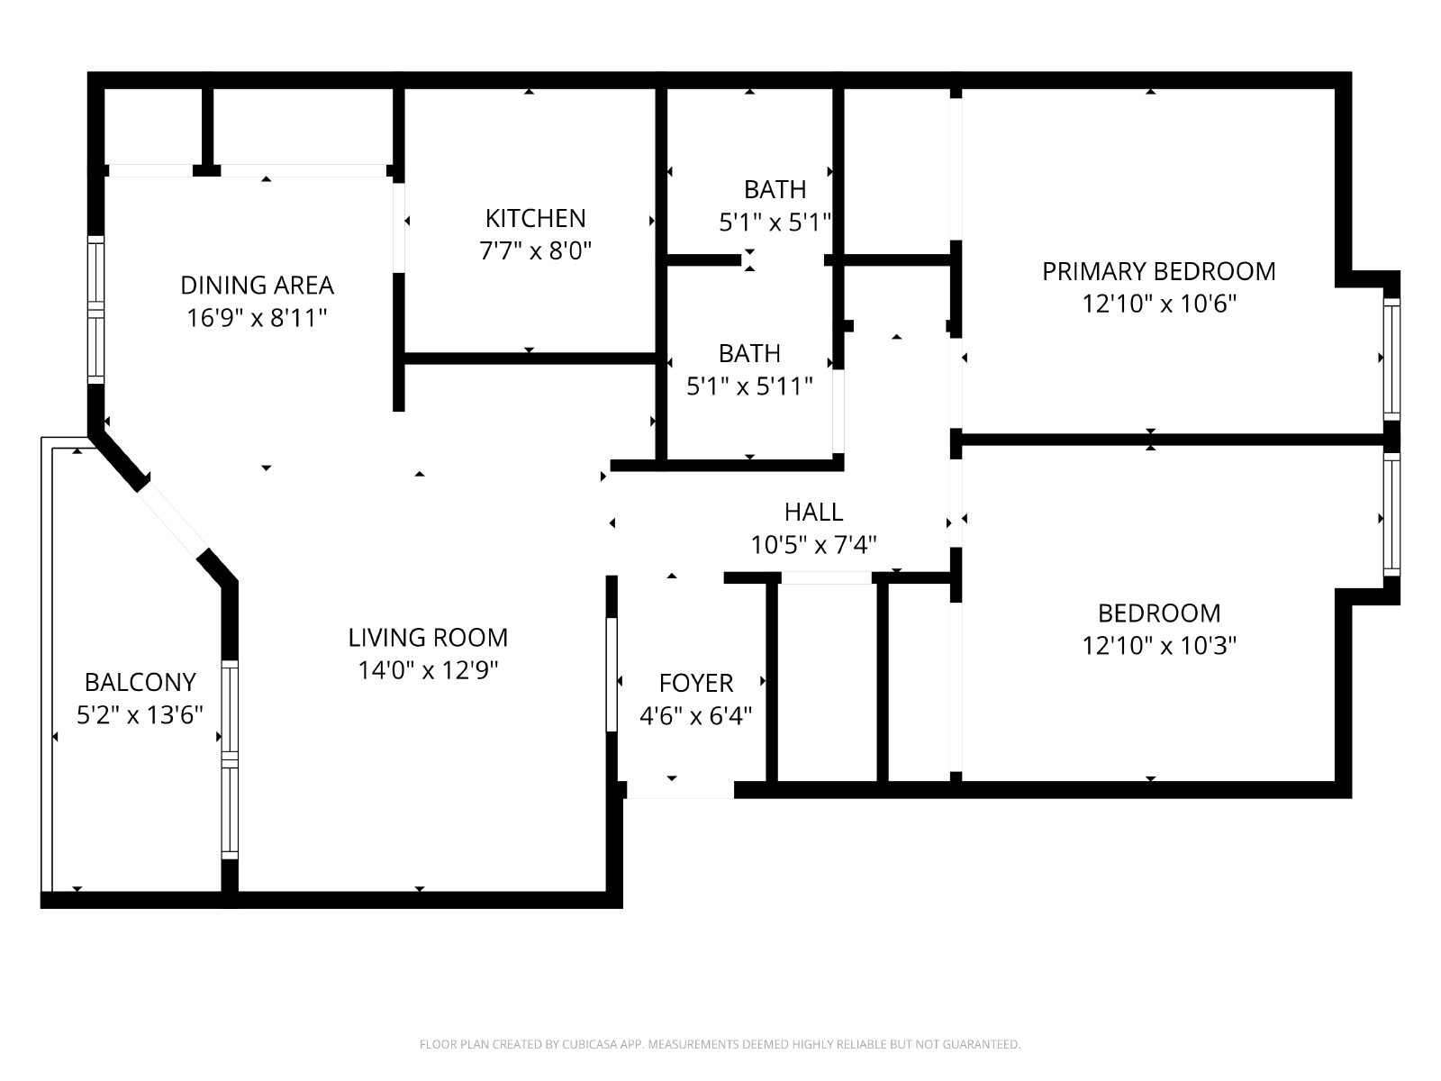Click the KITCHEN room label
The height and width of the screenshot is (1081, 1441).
tap(535, 218)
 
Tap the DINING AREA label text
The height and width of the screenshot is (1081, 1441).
tap(257, 286)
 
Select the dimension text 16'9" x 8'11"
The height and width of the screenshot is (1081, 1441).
tap(257, 318)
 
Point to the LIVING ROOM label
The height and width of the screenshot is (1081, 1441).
tap(428, 637)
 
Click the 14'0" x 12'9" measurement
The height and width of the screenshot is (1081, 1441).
tap(428, 670)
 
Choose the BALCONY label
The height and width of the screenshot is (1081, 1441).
tap(140, 682)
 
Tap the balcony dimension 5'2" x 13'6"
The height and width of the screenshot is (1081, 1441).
tap(140, 714)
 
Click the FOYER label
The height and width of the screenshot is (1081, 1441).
tap(696, 683)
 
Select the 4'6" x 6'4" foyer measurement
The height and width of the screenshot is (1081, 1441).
tap(696, 716)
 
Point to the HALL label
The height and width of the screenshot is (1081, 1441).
tap(813, 512)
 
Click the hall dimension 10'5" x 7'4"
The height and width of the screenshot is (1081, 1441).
tap(813, 545)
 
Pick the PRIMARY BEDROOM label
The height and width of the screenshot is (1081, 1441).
tap(1159, 271)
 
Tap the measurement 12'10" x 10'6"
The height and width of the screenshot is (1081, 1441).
tap(1159, 304)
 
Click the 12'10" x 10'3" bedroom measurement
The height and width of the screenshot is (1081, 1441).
tap(1159, 646)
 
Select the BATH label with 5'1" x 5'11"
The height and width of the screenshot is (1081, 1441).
tap(749, 354)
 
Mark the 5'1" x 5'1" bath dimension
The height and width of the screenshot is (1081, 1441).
tap(775, 223)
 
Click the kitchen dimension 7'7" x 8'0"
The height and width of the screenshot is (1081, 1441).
tap(535, 250)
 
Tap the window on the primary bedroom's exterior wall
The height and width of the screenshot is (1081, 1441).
tap(1391, 359)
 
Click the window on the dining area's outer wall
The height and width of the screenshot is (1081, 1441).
tap(95, 309)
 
